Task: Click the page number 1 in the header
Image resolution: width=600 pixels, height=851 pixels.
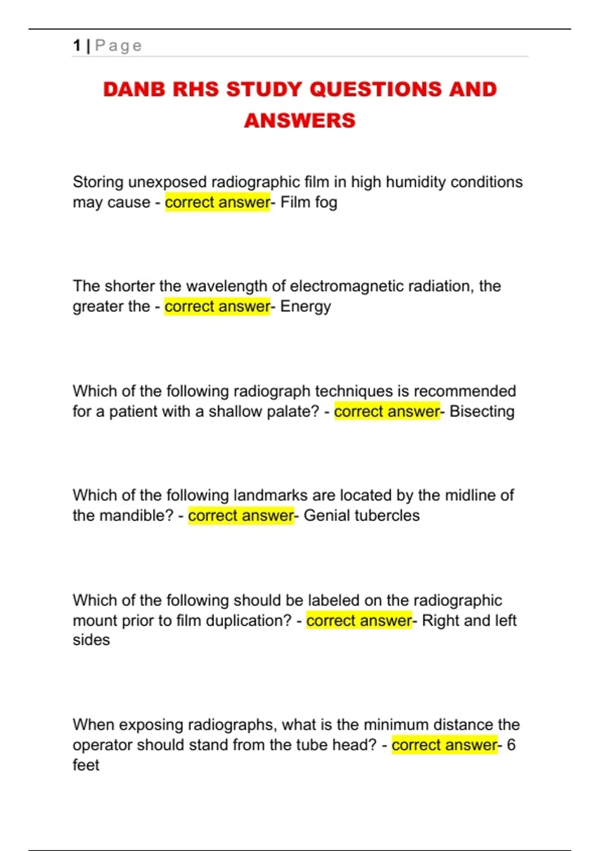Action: pyautogui.click(x=76, y=46)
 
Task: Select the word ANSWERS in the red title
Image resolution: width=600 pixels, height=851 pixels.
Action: pyautogui.click(x=299, y=121)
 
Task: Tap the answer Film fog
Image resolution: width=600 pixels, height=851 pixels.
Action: pyautogui.click(x=308, y=203)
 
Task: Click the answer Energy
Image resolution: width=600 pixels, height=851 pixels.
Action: pyautogui.click(x=305, y=307)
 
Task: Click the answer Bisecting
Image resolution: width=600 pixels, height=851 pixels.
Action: pyautogui.click(x=481, y=411)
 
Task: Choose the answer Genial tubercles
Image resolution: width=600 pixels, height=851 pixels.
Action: pyautogui.click(x=361, y=516)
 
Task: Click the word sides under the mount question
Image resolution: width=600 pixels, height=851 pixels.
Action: pyautogui.click(x=91, y=640)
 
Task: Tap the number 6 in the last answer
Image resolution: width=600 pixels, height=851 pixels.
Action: pyautogui.click(x=510, y=745)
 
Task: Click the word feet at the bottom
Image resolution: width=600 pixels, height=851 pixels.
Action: pyautogui.click(x=86, y=765)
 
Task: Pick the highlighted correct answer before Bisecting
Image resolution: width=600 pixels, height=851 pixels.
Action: pyautogui.click(x=386, y=411)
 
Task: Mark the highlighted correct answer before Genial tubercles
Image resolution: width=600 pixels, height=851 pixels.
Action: pyautogui.click(x=241, y=516)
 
